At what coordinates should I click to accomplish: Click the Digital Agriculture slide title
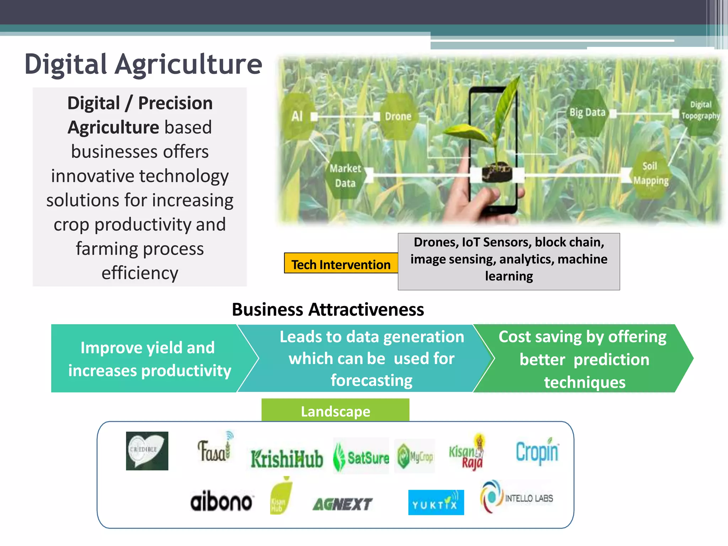pyautogui.click(x=143, y=64)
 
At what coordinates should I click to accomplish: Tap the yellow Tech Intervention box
pyautogui.click(x=341, y=264)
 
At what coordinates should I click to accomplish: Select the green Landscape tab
pyautogui.click(x=335, y=411)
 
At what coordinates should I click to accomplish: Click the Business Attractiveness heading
pyautogui.click(x=328, y=309)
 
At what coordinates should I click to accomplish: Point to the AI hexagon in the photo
pyautogui.click(x=298, y=116)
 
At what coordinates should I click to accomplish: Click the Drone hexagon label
pyautogui.click(x=398, y=116)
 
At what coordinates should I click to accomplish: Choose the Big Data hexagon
pyautogui.click(x=587, y=113)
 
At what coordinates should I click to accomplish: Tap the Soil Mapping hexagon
pyautogui.click(x=651, y=173)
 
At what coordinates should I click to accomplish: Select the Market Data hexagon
pyautogui.click(x=345, y=176)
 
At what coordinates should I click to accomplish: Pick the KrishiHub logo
pyautogui.click(x=287, y=459)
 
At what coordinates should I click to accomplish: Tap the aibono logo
pyautogui.click(x=221, y=501)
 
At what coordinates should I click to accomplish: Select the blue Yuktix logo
pyautogui.click(x=436, y=502)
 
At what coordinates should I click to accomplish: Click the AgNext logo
pyautogui.click(x=342, y=504)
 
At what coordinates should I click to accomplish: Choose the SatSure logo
pyautogui.click(x=361, y=457)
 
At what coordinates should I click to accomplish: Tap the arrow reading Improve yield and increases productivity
pyautogui.click(x=149, y=358)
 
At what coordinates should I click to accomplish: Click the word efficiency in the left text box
pyautogui.click(x=140, y=273)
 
